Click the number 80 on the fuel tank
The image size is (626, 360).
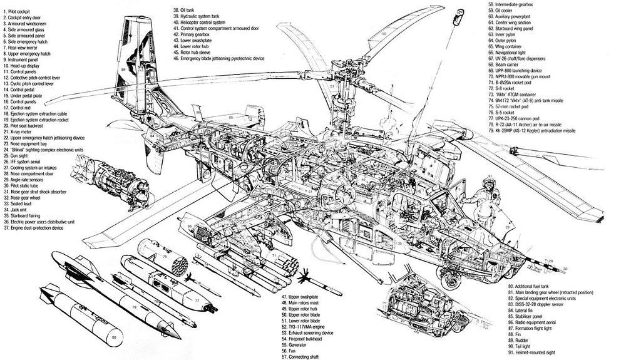pos(113,338)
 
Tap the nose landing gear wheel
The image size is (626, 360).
pos(449,281)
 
